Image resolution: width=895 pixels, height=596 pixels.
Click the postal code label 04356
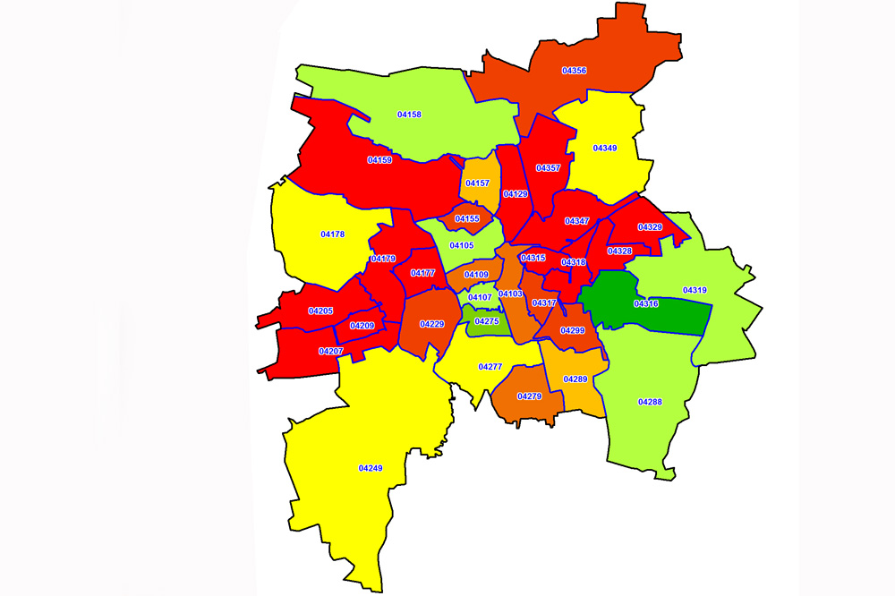pyautogui.click(x=574, y=70)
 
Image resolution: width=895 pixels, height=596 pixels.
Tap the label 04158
pyautogui.click(x=409, y=115)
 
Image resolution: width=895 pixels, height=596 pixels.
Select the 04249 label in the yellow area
pyautogui.click(x=371, y=468)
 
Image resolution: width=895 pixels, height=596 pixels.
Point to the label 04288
pyautogui.click(x=650, y=402)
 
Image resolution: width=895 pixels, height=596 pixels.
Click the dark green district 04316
pyautogui.click(x=645, y=304)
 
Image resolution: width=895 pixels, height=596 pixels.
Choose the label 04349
pyautogui.click(x=605, y=148)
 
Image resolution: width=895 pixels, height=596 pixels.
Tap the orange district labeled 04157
pyautogui.click(x=480, y=183)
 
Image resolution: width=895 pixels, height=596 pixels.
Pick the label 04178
pyautogui.click(x=332, y=234)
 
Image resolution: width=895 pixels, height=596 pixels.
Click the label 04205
pyautogui.click(x=320, y=311)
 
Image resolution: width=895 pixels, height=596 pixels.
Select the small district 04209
pyautogui.click(x=362, y=326)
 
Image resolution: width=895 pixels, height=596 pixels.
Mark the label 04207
pyautogui.click(x=330, y=351)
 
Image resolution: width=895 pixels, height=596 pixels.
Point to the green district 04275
pyautogui.click(x=487, y=321)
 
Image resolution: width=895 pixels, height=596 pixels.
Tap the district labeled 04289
pyautogui.click(x=575, y=379)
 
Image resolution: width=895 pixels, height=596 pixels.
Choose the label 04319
pyautogui.click(x=695, y=290)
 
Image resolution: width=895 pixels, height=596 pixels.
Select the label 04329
pyautogui.click(x=650, y=227)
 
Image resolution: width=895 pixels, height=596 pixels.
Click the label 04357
pyautogui.click(x=548, y=168)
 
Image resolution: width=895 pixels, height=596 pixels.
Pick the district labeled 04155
pyautogui.click(x=467, y=218)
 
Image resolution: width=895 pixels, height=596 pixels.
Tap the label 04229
pyautogui.click(x=431, y=323)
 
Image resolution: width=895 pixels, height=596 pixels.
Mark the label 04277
pyautogui.click(x=490, y=367)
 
